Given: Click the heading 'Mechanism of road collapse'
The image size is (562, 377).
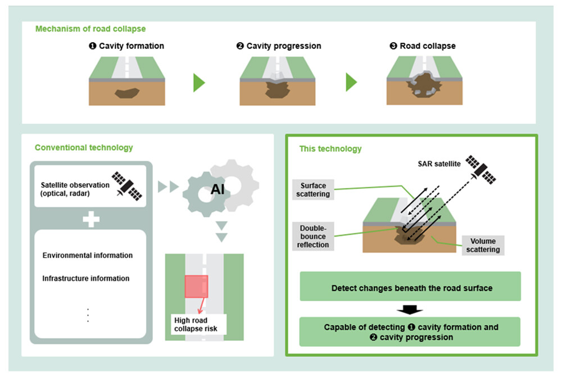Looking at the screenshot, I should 90,29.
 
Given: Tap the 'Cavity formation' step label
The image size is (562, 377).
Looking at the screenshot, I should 126,46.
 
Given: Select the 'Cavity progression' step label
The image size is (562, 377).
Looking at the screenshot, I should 279,46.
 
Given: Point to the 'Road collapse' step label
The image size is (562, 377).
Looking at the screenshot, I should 423,46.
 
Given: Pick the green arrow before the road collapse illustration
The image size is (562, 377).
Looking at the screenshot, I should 351,83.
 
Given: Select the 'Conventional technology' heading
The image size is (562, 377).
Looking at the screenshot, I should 84,148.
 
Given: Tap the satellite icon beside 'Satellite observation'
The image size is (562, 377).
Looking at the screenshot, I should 127,185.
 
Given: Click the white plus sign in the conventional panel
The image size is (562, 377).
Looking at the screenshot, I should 90,219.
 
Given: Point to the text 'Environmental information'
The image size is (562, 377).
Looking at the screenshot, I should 88,256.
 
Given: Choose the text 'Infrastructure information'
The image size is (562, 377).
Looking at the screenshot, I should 86,279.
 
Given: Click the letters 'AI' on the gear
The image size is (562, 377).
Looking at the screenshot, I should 217,190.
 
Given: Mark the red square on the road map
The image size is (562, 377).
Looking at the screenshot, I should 196,287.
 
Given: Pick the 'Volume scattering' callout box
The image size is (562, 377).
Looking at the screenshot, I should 483,246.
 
